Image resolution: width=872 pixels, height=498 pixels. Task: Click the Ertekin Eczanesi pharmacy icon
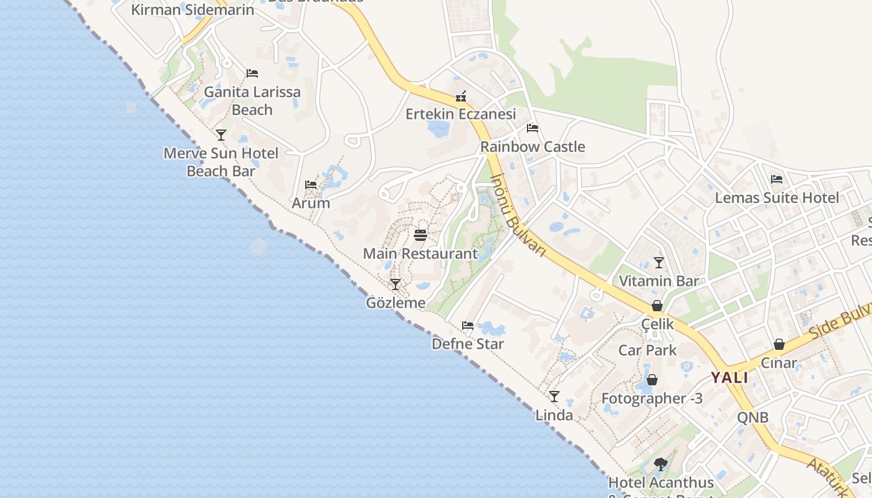pyautogui.click(x=461, y=96)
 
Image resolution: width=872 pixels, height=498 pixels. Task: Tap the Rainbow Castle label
pyautogui.click(x=533, y=147)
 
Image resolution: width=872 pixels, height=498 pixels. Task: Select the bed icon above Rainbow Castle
pyautogui.click(x=533, y=128)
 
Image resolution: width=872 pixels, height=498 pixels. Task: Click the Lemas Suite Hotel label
pyautogui.click(x=777, y=198)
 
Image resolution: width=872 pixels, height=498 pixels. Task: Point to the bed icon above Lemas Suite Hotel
pyautogui.click(x=777, y=179)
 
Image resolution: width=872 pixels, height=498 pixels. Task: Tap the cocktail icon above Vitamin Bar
pyautogui.click(x=659, y=262)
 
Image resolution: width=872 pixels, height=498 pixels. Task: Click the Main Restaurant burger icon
pyautogui.click(x=420, y=235)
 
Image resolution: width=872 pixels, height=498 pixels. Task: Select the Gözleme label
pyautogui.click(x=396, y=303)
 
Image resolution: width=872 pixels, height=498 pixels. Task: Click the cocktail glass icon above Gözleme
pyautogui.click(x=396, y=284)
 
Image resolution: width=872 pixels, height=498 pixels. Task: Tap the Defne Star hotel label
pyautogui.click(x=468, y=344)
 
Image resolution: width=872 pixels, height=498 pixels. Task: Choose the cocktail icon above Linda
pyautogui.click(x=554, y=396)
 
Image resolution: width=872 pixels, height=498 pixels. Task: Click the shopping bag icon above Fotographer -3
pyautogui.click(x=652, y=380)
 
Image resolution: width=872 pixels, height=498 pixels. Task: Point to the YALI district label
pyautogui.click(x=729, y=378)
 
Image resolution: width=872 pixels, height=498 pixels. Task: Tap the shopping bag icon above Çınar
pyautogui.click(x=779, y=344)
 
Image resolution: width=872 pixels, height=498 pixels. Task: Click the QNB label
pyautogui.click(x=752, y=417)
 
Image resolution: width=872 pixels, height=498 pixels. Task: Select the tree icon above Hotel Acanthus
pyautogui.click(x=661, y=464)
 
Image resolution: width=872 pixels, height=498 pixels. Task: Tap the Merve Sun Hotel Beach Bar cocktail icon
pyautogui.click(x=221, y=134)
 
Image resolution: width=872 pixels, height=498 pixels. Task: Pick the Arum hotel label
pyautogui.click(x=311, y=203)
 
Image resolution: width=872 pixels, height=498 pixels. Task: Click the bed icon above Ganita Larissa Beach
pyautogui.click(x=252, y=73)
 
